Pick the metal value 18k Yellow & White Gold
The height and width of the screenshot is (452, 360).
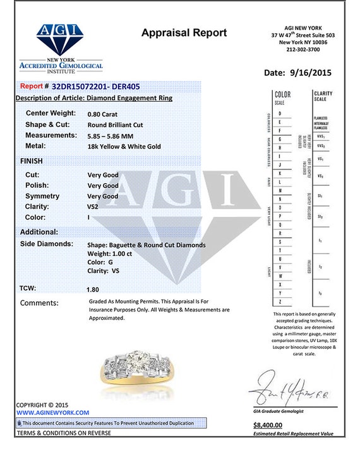(124, 147)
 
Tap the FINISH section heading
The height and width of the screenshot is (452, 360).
(32, 161)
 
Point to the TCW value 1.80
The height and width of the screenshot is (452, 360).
(93, 289)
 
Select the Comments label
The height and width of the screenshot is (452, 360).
(39, 303)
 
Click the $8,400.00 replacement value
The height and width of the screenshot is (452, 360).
(270, 425)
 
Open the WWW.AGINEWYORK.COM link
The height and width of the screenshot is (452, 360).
(47, 412)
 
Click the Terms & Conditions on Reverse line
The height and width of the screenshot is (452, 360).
(63, 433)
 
